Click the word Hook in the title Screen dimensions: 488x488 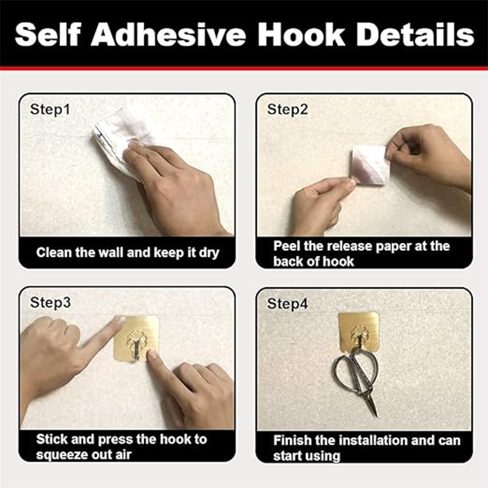(301, 34)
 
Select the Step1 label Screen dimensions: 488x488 (50, 110)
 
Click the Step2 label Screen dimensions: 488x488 (287, 110)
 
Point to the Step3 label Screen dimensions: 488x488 (50, 303)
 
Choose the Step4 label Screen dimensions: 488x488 (287, 304)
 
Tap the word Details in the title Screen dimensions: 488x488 (415, 34)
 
